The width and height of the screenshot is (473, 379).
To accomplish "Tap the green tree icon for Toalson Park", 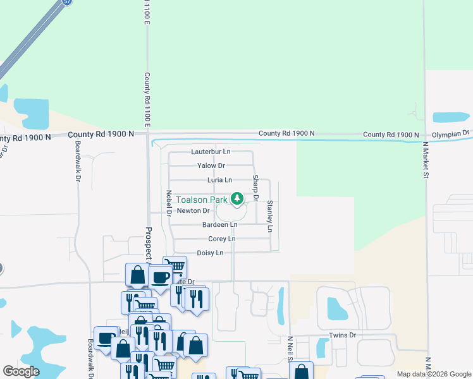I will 237,200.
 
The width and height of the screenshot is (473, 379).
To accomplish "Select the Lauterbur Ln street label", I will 211,152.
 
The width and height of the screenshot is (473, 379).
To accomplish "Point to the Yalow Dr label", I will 211,165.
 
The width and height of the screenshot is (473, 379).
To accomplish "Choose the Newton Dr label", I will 193,211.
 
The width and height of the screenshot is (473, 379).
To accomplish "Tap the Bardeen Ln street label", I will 219,225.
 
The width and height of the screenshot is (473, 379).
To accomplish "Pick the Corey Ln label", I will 221,239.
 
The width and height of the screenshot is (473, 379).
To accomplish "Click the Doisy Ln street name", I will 210,253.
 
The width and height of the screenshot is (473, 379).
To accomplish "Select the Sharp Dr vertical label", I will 256,188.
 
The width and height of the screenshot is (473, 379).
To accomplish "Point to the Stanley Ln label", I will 270,215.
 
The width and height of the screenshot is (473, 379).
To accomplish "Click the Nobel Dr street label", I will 169,203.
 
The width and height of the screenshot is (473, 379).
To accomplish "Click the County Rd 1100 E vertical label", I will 147,99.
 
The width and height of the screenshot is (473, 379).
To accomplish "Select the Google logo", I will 21,371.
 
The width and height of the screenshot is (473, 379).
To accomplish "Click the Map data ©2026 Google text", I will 434,374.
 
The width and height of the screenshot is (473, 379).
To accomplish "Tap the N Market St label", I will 426,160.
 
